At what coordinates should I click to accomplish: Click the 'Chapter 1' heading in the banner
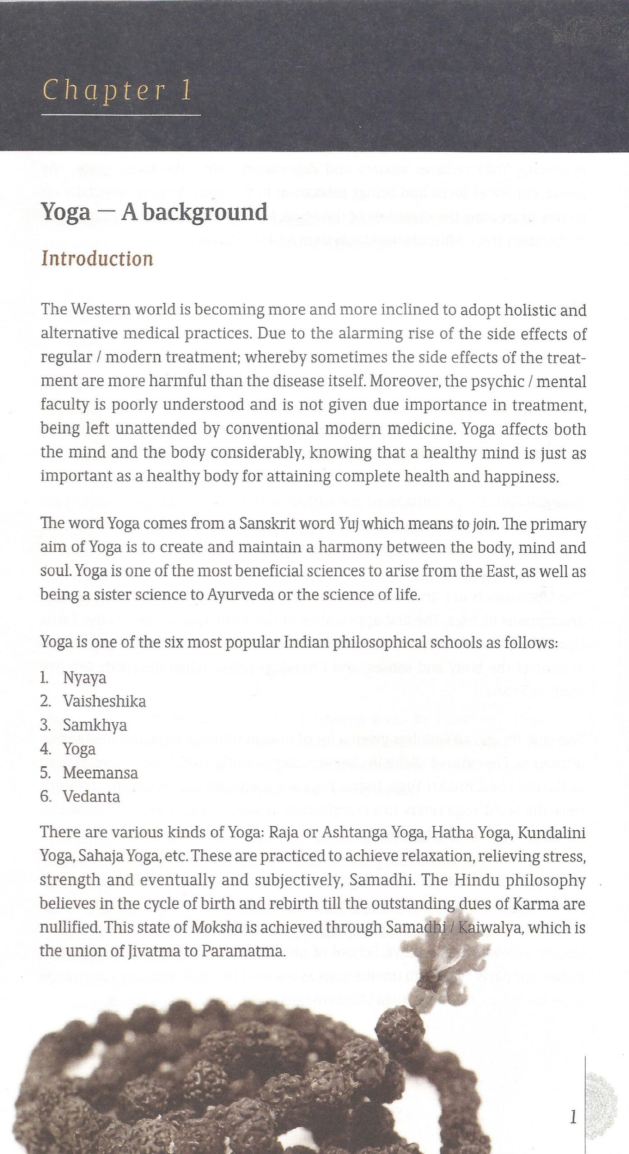click(118, 90)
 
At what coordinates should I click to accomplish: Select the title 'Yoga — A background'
click(154, 212)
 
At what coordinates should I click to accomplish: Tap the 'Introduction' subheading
click(97, 259)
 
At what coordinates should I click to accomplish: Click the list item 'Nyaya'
click(85, 678)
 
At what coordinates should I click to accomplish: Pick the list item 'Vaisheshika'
click(105, 701)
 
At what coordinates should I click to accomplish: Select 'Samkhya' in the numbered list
click(95, 725)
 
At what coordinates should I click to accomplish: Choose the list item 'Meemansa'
click(100, 773)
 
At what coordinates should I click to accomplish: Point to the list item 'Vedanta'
click(91, 797)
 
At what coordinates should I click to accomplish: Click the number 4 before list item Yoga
click(45, 749)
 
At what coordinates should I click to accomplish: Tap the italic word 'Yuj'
click(349, 523)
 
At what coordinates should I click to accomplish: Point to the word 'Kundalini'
click(551, 832)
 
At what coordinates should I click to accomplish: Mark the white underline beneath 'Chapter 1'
click(121, 115)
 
